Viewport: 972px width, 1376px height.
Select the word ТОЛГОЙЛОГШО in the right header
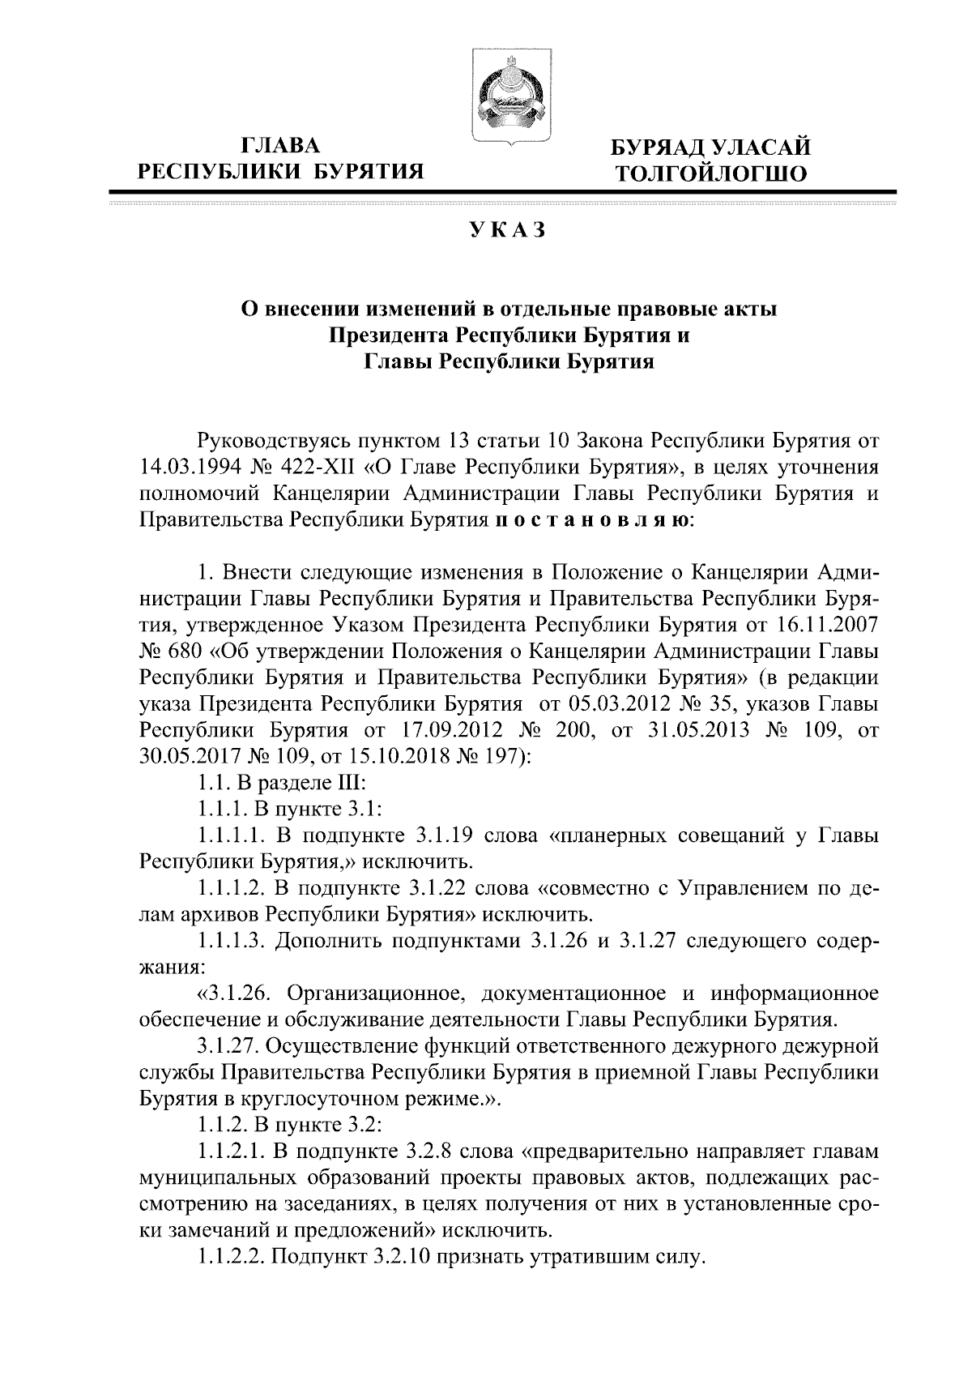[710, 173]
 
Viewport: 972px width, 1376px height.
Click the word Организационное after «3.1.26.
[373, 994]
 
